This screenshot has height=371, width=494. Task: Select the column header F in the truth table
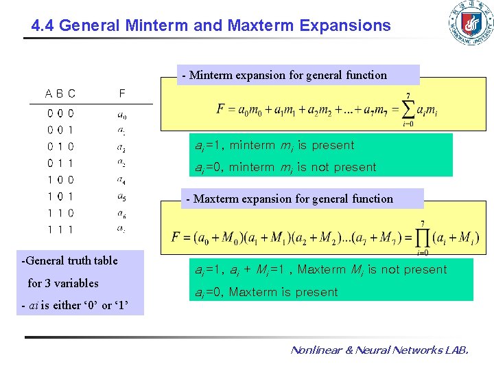pos(121,93)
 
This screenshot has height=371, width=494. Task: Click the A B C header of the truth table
pos(60,93)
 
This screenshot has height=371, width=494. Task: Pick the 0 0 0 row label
pos(60,113)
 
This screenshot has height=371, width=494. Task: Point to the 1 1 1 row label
pos(60,229)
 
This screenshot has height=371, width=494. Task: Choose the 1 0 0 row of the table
pos(60,180)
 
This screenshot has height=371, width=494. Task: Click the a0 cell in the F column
pos(121,114)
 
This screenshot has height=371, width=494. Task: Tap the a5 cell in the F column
pos(121,197)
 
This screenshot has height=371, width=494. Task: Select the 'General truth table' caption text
pos(71,260)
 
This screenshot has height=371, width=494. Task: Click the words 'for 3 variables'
pos(63,283)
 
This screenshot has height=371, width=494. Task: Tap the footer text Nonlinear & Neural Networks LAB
pos(379,350)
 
